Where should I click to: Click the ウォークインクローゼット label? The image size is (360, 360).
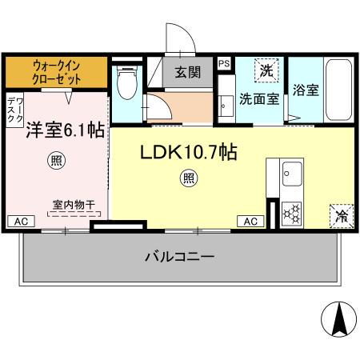55,72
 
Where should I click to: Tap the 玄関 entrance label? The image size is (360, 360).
189,73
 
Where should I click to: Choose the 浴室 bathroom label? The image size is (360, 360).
306,90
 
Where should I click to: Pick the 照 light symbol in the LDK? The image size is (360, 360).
188,178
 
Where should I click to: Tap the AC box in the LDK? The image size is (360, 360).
249,221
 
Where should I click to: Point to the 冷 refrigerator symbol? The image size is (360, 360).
341,214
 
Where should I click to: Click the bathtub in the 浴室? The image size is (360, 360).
339,90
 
